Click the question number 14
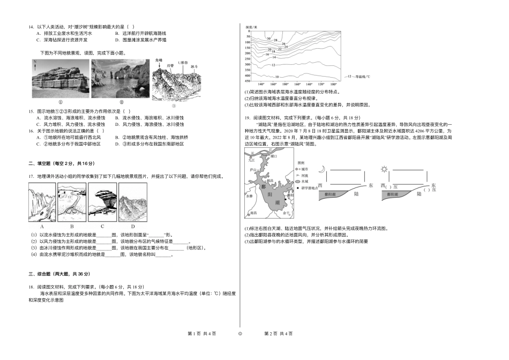(32, 26)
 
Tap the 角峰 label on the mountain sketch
(158, 61)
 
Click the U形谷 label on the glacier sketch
(183, 63)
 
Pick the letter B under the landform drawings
(72, 226)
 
